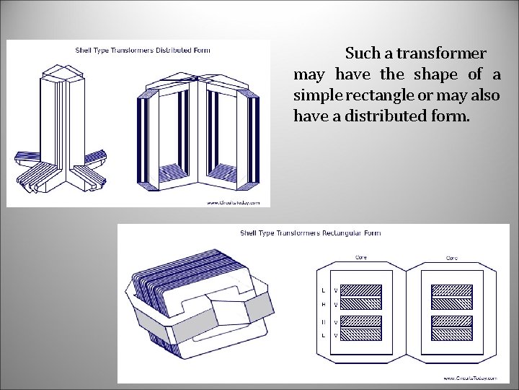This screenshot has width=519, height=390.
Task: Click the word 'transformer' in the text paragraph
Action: [443, 53]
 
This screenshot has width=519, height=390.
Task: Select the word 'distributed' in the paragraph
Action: [387, 116]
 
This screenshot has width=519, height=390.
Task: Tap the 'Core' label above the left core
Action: [361, 257]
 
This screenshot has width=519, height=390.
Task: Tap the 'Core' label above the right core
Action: [453, 257]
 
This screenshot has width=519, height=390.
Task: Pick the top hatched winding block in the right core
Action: [451, 290]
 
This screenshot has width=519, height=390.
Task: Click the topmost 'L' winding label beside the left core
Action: [323, 290]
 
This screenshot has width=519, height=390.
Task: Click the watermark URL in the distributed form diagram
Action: [237, 202]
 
